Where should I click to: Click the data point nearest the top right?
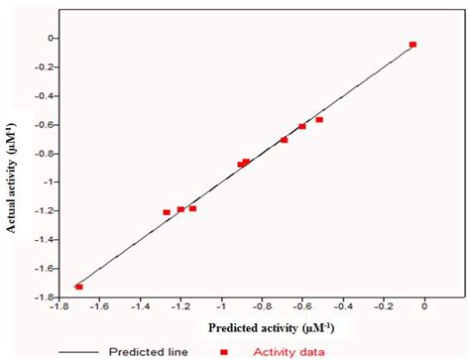pyautogui.click(x=412, y=45)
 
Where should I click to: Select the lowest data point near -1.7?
pyautogui.click(x=78, y=287)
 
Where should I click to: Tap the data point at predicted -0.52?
pyautogui.click(x=319, y=120)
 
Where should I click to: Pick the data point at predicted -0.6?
pyautogui.click(x=302, y=127)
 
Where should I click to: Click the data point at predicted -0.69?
pyautogui.click(x=285, y=140)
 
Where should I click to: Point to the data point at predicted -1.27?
pyautogui.click(x=167, y=212)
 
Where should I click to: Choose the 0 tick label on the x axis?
pyautogui.click(x=425, y=308)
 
